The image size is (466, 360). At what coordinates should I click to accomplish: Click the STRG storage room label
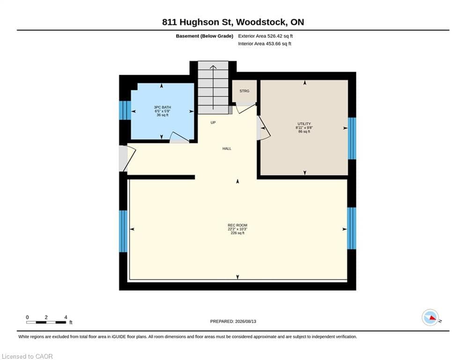244,91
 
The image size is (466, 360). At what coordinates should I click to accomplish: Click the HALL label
227,149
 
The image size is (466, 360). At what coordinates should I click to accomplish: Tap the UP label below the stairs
213,123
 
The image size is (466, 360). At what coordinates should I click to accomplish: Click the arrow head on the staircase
213,67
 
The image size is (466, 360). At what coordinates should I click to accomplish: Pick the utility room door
264,128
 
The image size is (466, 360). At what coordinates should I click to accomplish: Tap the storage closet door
246,108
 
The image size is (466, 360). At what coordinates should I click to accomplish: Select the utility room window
352,138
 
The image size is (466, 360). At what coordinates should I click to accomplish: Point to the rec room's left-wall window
123,231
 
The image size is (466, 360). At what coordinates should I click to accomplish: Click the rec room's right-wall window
352,228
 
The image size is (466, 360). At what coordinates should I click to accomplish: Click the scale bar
46,322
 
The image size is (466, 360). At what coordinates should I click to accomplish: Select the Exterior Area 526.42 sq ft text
266,36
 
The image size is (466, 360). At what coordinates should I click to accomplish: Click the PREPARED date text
233,321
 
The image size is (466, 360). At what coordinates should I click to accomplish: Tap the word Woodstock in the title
261,22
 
